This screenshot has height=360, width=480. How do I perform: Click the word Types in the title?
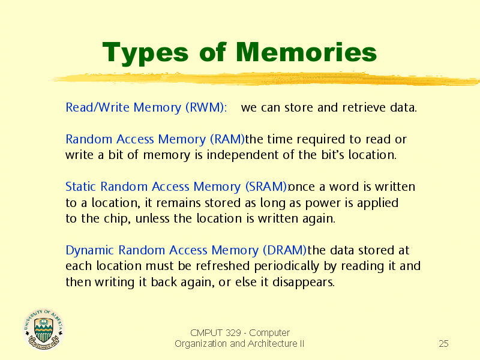(145, 53)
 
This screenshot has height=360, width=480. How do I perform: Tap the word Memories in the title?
(306, 52)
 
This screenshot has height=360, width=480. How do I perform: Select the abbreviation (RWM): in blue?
(206, 108)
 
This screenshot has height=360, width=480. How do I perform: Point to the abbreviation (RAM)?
(227, 140)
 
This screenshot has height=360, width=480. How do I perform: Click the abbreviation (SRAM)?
(267, 187)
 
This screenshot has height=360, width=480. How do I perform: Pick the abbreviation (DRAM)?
(284, 250)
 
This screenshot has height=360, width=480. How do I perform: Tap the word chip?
(117, 219)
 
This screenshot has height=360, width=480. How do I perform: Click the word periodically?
(287, 266)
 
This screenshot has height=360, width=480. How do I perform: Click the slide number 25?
(443, 343)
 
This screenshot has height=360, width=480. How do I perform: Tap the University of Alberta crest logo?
(44, 329)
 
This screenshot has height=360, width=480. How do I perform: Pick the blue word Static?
(81, 187)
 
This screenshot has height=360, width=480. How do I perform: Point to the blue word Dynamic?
(89, 251)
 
